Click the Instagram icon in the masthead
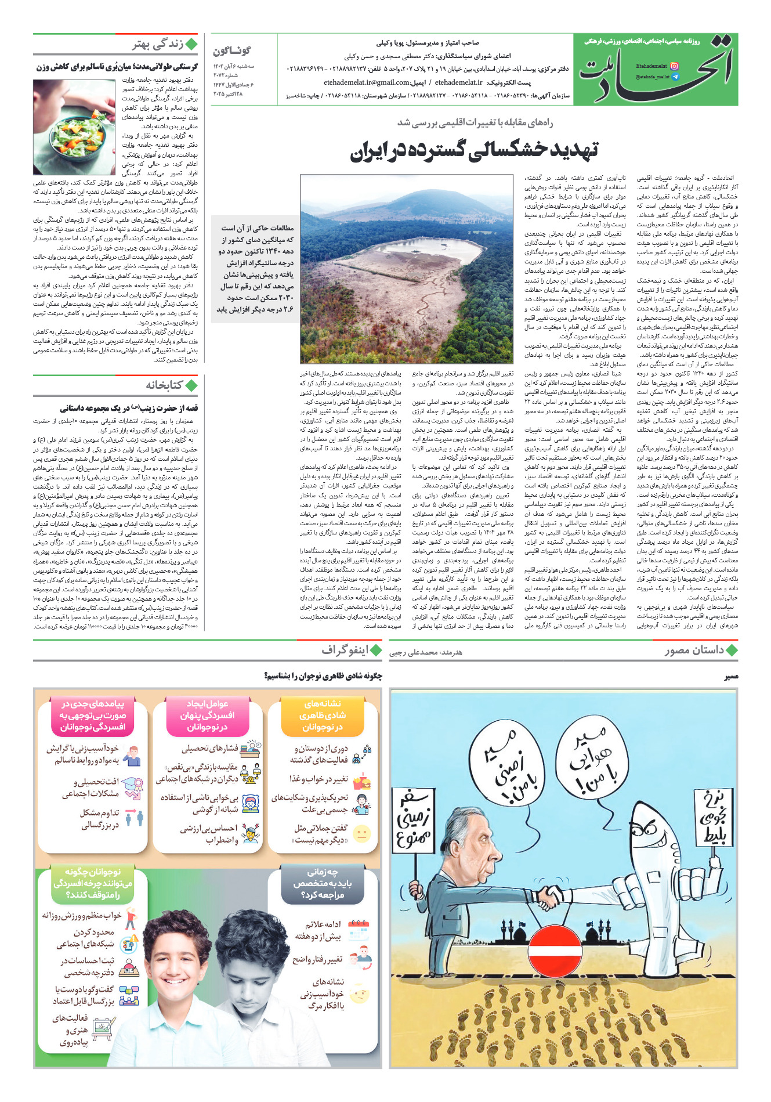(674, 66)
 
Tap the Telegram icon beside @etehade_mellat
(674, 77)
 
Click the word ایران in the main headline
(372, 151)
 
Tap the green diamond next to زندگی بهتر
(191, 45)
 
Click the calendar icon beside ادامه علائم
(360, 927)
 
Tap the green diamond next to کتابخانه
(191, 385)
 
